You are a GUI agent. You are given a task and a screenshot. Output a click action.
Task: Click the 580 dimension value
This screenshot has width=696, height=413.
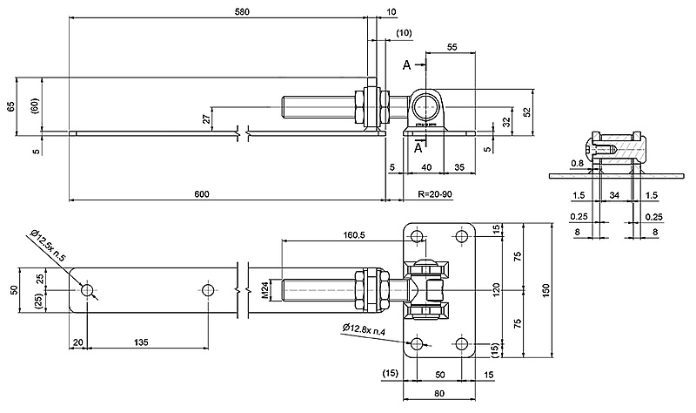coord(243,11)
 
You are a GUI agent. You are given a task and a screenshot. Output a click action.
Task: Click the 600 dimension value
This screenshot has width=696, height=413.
coord(202,193)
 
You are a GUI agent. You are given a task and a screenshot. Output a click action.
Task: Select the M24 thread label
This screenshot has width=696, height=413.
coord(264,290)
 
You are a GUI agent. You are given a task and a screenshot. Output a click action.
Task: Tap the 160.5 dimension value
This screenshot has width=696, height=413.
coord(354,234)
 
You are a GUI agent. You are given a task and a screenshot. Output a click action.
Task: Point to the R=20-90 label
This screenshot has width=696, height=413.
coord(435,194)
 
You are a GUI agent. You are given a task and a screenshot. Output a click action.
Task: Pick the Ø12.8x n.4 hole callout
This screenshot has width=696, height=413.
coord(364,329)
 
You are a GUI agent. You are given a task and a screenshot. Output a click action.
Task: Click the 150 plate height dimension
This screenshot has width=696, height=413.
coord(546,290)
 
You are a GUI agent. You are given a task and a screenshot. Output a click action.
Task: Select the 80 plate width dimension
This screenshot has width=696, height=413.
coord(439,393)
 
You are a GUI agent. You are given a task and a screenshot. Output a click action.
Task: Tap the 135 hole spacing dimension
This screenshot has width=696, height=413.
coord(141,342)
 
